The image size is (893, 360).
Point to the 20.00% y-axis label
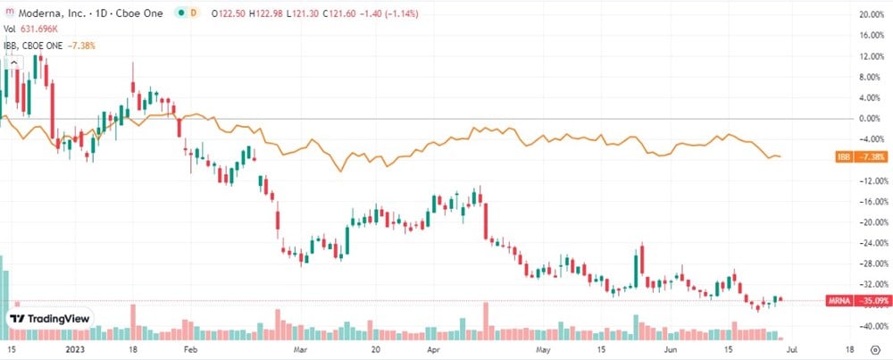pyautogui.click(x=871, y=15)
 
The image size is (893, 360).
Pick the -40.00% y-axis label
pyautogui.click(x=869, y=325)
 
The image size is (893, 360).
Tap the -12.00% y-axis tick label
pyautogui.click(x=869, y=181)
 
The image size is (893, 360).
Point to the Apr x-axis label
pyautogui.click(x=434, y=351)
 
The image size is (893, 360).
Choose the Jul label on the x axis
pyautogui.click(x=793, y=351)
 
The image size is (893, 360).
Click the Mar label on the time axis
pyautogui.click(x=300, y=351)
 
